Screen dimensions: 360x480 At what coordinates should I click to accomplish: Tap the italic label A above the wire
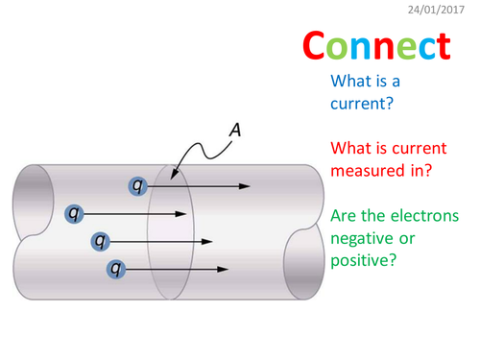(233, 128)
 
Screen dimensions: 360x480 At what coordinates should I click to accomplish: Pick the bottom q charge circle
(116, 269)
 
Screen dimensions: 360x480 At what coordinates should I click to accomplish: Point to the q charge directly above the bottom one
(96, 240)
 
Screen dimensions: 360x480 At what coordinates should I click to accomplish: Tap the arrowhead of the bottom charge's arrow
(223, 269)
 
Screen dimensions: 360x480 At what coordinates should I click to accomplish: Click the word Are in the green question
(344, 216)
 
